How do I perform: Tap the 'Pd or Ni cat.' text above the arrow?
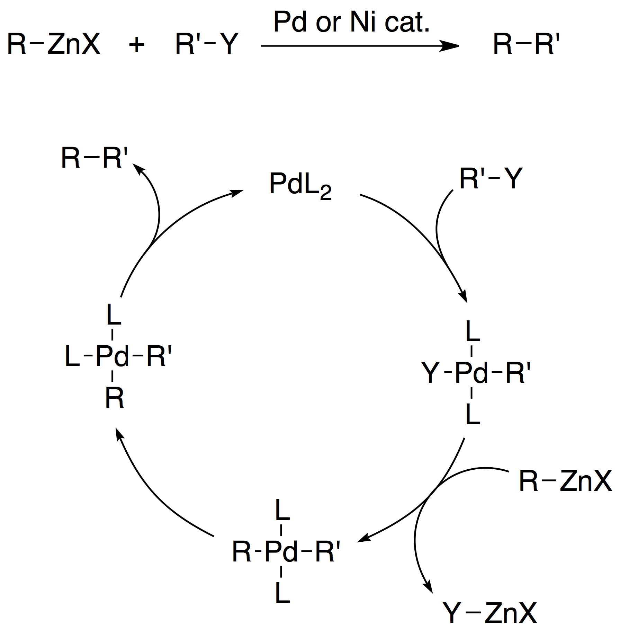click(x=351, y=22)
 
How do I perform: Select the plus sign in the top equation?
click(x=137, y=45)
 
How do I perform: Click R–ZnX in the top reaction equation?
click(x=54, y=44)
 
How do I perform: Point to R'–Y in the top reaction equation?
click(x=207, y=44)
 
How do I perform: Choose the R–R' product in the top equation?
click(x=526, y=44)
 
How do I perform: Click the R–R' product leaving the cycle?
click(x=95, y=158)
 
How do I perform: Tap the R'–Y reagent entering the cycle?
click(x=491, y=178)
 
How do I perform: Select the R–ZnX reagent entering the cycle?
click(x=566, y=481)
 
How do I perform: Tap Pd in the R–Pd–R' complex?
click(x=281, y=551)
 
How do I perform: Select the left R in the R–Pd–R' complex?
click(x=241, y=551)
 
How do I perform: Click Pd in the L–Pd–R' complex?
click(x=112, y=356)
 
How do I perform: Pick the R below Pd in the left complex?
click(x=115, y=398)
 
